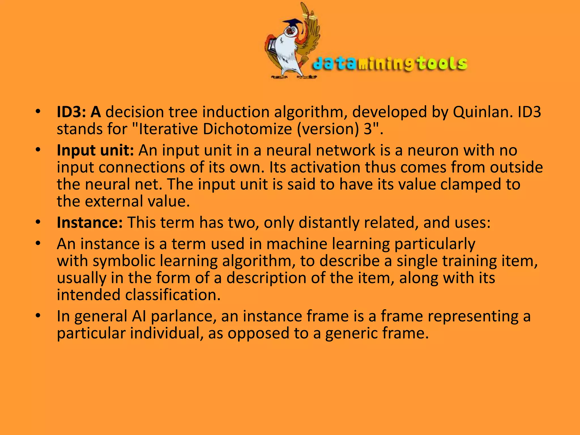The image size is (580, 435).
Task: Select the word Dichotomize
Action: (x=247, y=129)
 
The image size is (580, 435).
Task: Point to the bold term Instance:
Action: (x=90, y=223)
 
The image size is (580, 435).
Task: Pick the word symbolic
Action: (x=124, y=261)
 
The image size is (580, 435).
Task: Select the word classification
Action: (x=172, y=295)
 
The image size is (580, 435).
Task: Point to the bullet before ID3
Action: (x=38, y=112)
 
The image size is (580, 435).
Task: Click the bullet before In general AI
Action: (x=38, y=316)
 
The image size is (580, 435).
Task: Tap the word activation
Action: (x=325, y=167)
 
